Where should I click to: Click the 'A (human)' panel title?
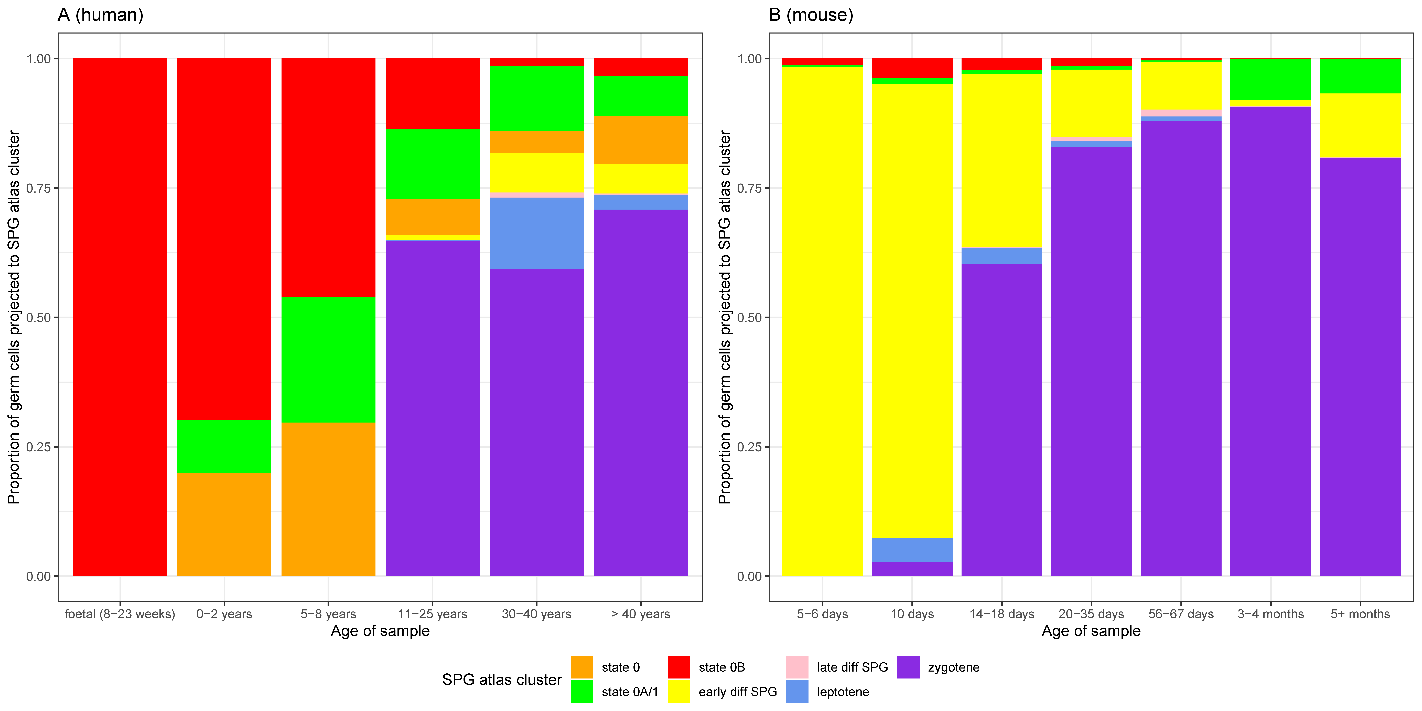100,15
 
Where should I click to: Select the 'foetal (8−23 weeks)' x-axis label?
120,614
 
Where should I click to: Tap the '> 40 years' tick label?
640,614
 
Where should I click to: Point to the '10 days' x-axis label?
912,614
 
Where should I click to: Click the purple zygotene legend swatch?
908,667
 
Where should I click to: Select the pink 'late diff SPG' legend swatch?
796,667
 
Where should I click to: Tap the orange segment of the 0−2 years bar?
224,524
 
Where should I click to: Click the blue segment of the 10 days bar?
912,550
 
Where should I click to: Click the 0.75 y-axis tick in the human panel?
39,188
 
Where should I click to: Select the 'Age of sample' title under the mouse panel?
1091,631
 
